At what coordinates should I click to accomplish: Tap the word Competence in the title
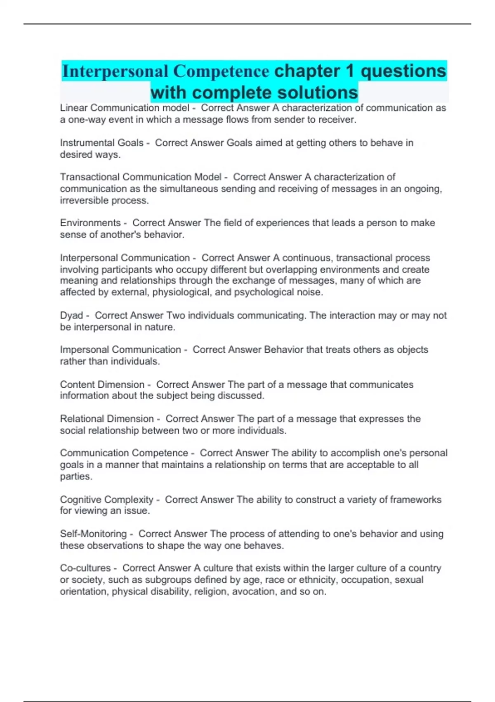(x=221, y=71)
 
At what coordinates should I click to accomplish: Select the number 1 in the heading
(x=350, y=71)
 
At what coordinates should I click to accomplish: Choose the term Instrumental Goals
(x=101, y=143)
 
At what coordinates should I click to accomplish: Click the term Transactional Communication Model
(x=141, y=177)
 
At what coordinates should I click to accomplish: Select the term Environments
(x=90, y=223)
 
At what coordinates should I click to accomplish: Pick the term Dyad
(x=71, y=315)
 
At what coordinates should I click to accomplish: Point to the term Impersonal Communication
(x=120, y=350)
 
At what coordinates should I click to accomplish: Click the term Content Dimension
(x=102, y=384)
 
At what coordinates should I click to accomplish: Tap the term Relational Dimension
(x=107, y=419)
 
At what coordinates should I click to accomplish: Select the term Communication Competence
(x=124, y=453)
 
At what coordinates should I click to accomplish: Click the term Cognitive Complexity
(x=106, y=500)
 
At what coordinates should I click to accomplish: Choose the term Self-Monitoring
(x=93, y=534)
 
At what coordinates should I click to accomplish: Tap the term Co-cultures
(x=85, y=568)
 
